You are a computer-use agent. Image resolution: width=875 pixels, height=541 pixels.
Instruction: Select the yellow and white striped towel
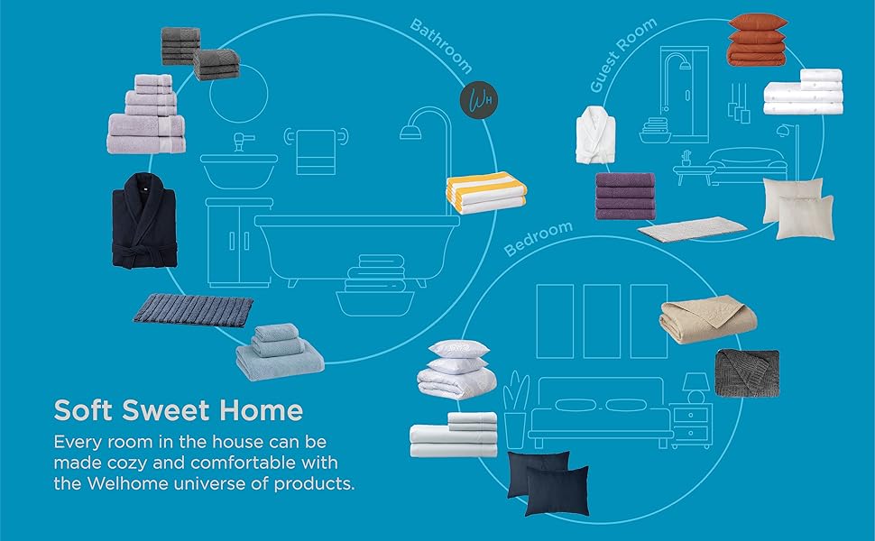pos(485,193)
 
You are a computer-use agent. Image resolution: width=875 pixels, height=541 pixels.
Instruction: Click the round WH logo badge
pos(479,96)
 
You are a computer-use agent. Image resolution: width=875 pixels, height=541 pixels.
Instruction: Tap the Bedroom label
pos(539,238)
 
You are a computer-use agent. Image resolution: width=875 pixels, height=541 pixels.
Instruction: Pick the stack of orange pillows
pos(758,41)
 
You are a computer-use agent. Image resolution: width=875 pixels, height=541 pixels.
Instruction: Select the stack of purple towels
pos(625,196)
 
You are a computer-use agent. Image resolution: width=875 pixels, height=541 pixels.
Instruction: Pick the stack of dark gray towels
pos(199,51)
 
